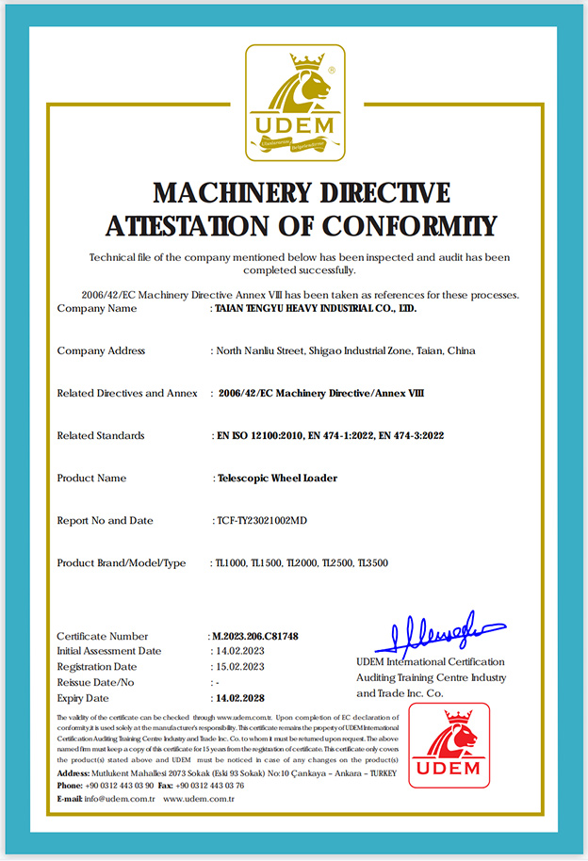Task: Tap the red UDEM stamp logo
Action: (449, 744)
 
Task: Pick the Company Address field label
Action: (101, 350)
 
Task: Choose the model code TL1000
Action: (230, 562)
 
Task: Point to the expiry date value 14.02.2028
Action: (239, 698)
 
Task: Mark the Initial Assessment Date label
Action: (108, 651)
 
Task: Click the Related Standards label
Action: (101, 435)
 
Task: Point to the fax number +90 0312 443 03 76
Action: (213, 786)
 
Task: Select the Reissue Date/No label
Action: (95, 682)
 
